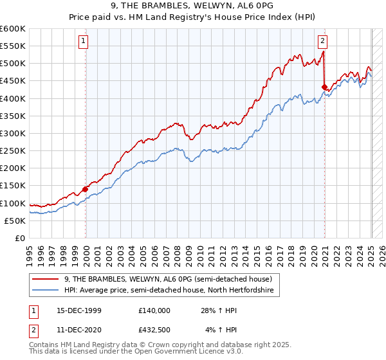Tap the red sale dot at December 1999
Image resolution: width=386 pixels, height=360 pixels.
coord(86,189)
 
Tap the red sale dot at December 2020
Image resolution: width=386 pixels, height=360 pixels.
coord(325,87)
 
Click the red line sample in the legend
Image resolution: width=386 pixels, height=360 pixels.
coord(46,280)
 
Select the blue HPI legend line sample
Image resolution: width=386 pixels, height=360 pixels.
coord(46,291)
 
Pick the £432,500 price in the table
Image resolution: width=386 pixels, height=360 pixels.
coord(154,330)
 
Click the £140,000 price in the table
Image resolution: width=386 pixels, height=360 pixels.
coord(154,310)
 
